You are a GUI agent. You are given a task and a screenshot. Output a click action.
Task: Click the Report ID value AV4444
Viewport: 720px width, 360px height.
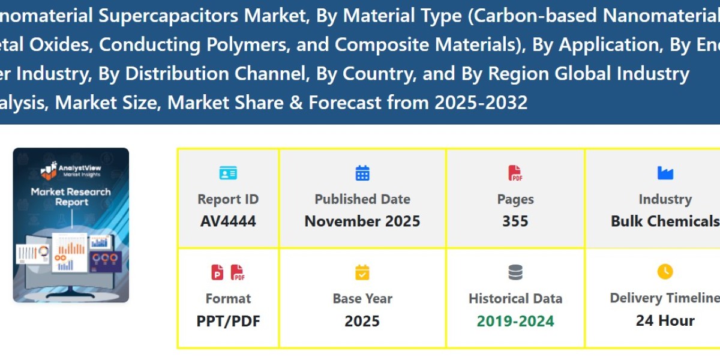click(x=228, y=221)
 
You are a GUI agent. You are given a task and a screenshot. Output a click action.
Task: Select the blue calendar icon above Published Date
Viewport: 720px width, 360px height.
click(x=362, y=173)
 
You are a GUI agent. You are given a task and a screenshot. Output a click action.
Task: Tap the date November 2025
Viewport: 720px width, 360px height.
click(x=362, y=221)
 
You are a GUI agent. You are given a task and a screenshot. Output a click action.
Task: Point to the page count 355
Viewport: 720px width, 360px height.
click(x=515, y=221)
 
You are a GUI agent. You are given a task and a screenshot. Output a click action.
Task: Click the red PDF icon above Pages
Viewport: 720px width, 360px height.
click(x=515, y=173)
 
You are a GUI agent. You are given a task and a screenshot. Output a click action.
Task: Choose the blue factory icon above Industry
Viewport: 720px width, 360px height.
click(x=665, y=173)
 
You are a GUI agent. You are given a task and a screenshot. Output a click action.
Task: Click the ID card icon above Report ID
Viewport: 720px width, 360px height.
click(x=228, y=173)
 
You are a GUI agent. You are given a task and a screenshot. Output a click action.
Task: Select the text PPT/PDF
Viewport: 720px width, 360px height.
click(x=228, y=321)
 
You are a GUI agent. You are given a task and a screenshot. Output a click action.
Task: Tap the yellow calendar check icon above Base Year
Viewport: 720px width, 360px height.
click(x=362, y=273)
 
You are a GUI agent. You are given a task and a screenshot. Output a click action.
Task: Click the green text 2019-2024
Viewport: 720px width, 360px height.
click(x=515, y=321)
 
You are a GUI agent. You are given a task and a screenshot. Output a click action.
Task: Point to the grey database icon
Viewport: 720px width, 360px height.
click(x=515, y=273)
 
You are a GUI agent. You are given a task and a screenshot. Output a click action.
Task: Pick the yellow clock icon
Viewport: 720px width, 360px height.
click(x=665, y=272)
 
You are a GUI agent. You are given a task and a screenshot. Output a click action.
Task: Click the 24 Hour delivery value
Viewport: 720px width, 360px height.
click(x=665, y=321)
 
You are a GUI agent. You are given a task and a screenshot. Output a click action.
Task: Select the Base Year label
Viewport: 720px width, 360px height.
click(x=362, y=298)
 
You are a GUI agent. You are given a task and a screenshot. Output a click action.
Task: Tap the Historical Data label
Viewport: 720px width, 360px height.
click(x=515, y=298)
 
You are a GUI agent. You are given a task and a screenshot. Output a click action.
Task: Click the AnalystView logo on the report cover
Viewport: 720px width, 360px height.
click(x=71, y=171)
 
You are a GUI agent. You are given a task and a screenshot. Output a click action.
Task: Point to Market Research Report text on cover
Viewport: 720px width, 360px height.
click(x=71, y=197)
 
